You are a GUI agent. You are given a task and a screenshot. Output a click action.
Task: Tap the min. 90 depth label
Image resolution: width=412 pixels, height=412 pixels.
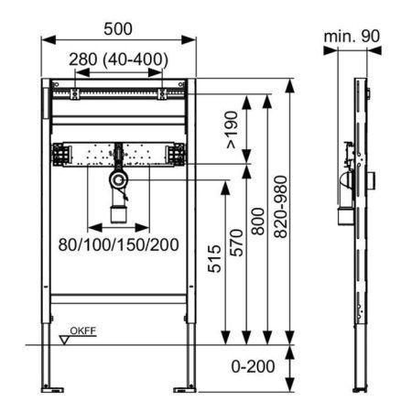[353, 38]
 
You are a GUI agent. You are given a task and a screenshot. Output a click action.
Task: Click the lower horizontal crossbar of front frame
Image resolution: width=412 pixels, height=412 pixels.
[120, 298]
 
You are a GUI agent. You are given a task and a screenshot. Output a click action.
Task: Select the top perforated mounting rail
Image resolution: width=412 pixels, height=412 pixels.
[118, 94]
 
